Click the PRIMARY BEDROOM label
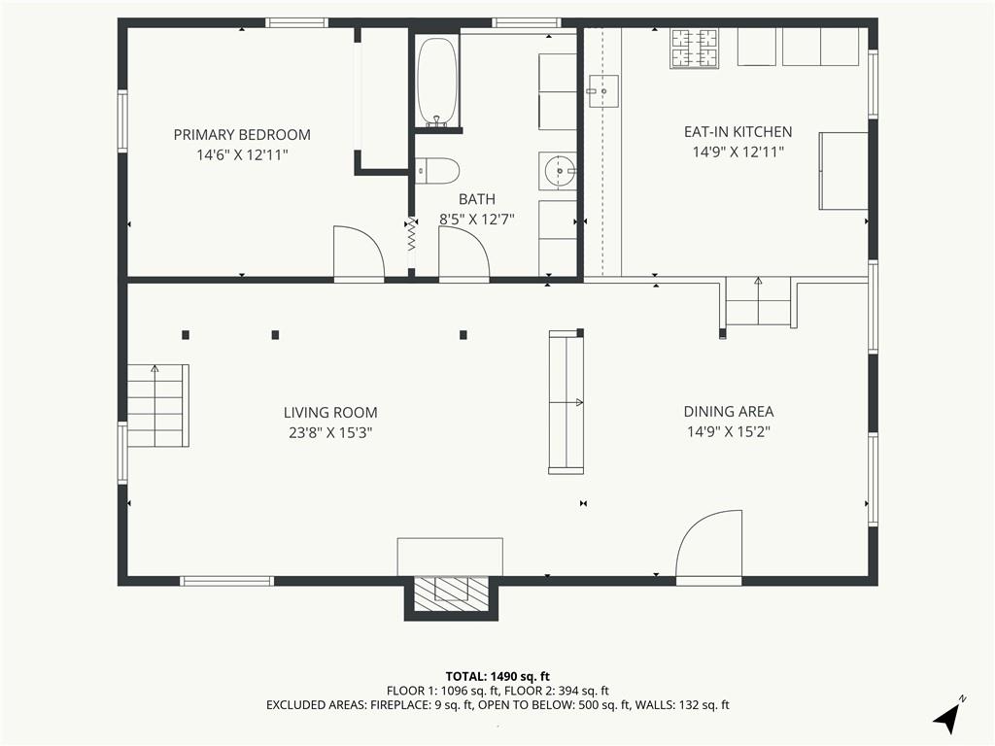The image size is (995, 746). click(242, 134)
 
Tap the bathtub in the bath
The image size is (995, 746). click(436, 82)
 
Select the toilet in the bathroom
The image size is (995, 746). click(437, 170)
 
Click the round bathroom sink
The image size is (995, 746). click(559, 171)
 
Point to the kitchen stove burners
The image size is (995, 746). click(694, 49)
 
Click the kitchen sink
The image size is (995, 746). click(602, 91)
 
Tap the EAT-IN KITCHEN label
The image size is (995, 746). click(738, 132)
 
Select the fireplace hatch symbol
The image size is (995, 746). click(451, 594)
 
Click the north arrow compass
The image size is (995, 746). click(948, 714)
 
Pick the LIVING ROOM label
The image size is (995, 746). click(330, 413)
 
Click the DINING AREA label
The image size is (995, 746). click(729, 412)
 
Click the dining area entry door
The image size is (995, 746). click(708, 548)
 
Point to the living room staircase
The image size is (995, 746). click(158, 405)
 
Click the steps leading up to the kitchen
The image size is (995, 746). click(758, 301)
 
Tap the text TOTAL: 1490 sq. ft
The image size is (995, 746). click(497, 676)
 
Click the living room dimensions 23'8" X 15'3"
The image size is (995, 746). click(330, 433)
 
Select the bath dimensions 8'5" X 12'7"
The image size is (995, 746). click(477, 220)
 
